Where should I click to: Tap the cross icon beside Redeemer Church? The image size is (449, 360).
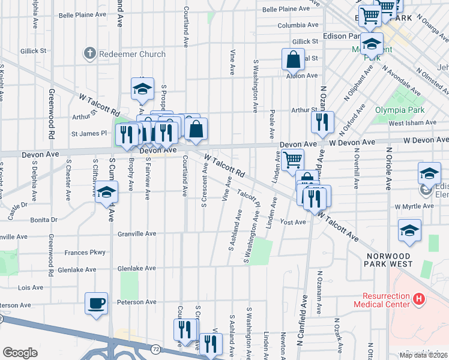pyautogui.click(x=90, y=53)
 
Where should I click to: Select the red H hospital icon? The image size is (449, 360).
pyautogui.click(x=419, y=298)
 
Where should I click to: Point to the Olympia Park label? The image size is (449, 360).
pyautogui.click(x=400, y=110)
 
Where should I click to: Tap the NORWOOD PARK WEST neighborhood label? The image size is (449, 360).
pyautogui.click(x=390, y=259)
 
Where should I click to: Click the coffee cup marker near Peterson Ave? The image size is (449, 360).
pyautogui.click(x=96, y=303)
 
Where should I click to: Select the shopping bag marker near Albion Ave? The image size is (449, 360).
pyautogui.click(x=293, y=59)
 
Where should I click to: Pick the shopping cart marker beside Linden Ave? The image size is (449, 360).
pyautogui.click(x=292, y=160)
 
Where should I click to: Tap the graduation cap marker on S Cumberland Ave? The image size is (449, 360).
pyautogui.click(x=107, y=192)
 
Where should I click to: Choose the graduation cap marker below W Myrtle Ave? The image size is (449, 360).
pyautogui.click(x=409, y=230)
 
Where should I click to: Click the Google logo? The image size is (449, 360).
pyautogui.click(x=20, y=352)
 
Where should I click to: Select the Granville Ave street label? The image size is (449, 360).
pyautogui.click(x=137, y=233)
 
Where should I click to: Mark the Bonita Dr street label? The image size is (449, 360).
pyautogui.click(x=45, y=220)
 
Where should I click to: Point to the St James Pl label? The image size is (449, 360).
pyautogui.click(x=89, y=133)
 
